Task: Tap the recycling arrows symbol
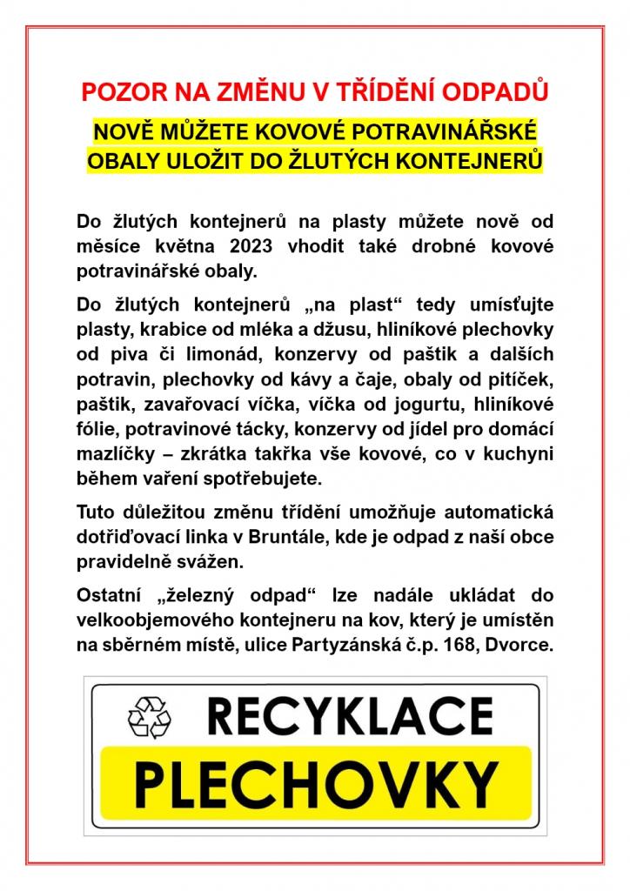point(150,716)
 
